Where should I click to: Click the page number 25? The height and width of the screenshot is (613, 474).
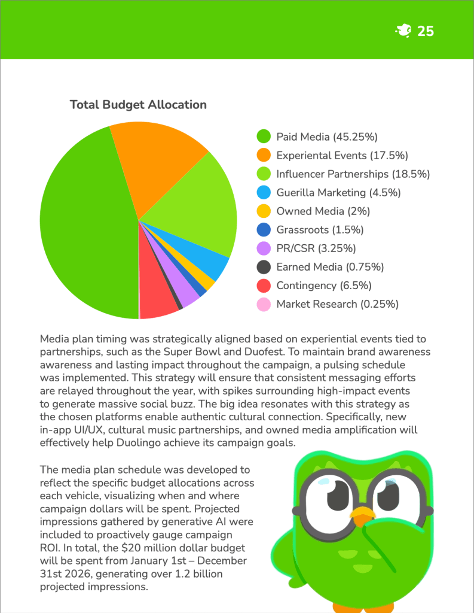pos(426,31)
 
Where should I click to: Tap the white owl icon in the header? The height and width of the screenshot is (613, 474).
pos(403,31)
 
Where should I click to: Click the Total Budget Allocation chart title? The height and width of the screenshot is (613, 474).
pos(138,105)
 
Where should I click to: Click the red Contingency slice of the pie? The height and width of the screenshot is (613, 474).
pos(157,296)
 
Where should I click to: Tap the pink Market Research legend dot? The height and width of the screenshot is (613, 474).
pos(264,304)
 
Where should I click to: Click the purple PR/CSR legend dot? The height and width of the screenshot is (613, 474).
pos(264,248)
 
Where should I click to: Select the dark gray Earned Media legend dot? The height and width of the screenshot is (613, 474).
pos(264,267)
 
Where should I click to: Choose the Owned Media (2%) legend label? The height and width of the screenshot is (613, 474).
pos(323,211)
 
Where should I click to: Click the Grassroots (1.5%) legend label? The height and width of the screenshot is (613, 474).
pos(320,230)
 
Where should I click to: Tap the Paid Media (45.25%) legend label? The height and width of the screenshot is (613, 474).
pos(326,137)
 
